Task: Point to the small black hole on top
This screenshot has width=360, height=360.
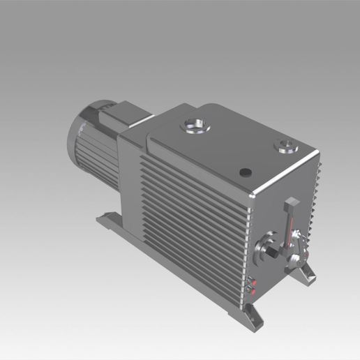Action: (x=244, y=172)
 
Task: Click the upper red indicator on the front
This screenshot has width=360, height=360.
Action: (x=253, y=282)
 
